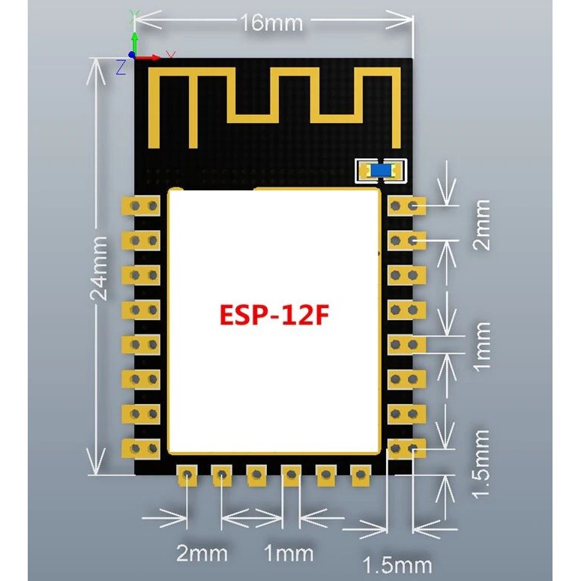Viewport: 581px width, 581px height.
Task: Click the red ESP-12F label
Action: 274,315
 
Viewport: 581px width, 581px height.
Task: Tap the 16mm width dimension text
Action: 271,23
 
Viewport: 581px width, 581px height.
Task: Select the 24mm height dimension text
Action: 99,268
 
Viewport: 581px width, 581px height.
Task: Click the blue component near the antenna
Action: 381,170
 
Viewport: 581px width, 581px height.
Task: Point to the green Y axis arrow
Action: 134,43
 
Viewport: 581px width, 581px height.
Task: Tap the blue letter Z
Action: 121,67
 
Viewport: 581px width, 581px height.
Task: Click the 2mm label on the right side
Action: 482,225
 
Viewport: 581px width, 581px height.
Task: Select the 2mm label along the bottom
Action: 202,553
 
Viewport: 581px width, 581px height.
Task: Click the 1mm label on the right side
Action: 482,347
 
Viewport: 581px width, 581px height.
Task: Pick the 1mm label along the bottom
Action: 289,553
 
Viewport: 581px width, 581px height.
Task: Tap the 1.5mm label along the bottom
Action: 397,565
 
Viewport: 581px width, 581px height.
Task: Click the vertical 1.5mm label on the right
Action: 482,464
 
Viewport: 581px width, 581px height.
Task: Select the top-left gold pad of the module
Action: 141,206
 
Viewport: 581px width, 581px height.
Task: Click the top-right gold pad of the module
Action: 407,206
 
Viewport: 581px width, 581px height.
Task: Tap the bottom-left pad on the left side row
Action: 141,448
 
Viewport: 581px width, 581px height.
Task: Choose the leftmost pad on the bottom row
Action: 187,475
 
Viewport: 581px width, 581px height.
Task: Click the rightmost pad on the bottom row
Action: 361,475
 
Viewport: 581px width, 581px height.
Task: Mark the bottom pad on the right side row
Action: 407,448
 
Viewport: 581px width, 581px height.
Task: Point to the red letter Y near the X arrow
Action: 171,55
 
